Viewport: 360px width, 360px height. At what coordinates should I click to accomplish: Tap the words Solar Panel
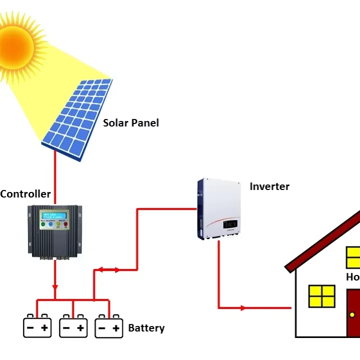click(x=131, y=122)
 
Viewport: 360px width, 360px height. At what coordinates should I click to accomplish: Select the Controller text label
click(x=25, y=194)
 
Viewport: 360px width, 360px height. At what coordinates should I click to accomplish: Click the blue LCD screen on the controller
click(x=54, y=215)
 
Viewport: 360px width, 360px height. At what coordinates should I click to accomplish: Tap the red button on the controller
click(x=65, y=224)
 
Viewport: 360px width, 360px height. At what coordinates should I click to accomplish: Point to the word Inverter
click(x=269, y=186)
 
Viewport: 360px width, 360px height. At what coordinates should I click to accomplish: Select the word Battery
click(x=146, y=328)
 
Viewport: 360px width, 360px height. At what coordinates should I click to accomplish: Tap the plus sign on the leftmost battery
click(x=44, y=328)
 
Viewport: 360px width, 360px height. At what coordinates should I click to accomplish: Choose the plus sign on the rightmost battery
click(x=116, y=328)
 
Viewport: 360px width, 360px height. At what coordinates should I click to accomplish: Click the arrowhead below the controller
click(x=55, y=288)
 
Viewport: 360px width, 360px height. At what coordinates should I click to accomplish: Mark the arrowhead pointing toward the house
click(x=243, y=308)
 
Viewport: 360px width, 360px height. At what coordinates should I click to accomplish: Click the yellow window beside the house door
click(x=321, y=296)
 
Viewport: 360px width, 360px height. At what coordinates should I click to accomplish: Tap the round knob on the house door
click(x=352, y=314)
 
